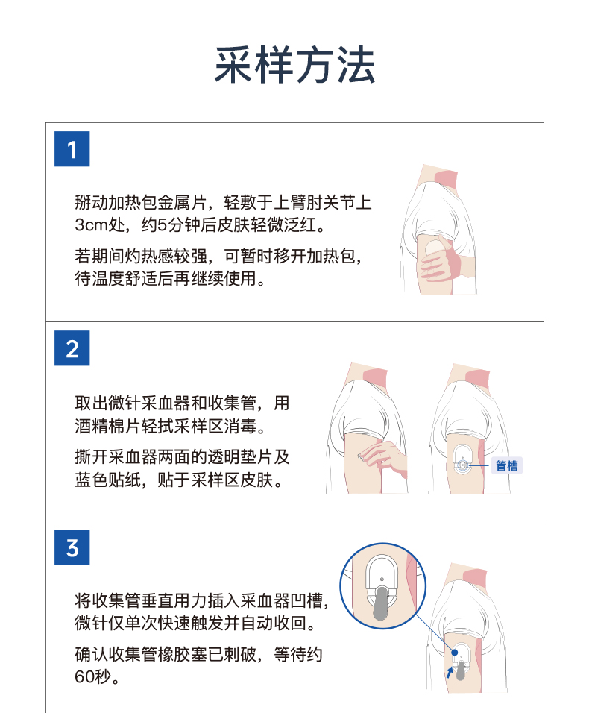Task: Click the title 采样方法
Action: pos(294,65)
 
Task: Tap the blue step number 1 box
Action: pos(72,148)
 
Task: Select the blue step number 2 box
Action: pos(72,348)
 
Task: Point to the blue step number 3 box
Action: pos(72,547)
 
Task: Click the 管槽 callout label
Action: pos(507,465)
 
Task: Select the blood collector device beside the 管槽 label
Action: pos(462,460)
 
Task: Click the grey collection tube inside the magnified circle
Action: pos(381,603)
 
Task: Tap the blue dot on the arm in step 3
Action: pos(455,653)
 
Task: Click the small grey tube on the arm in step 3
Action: pos(460,670)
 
